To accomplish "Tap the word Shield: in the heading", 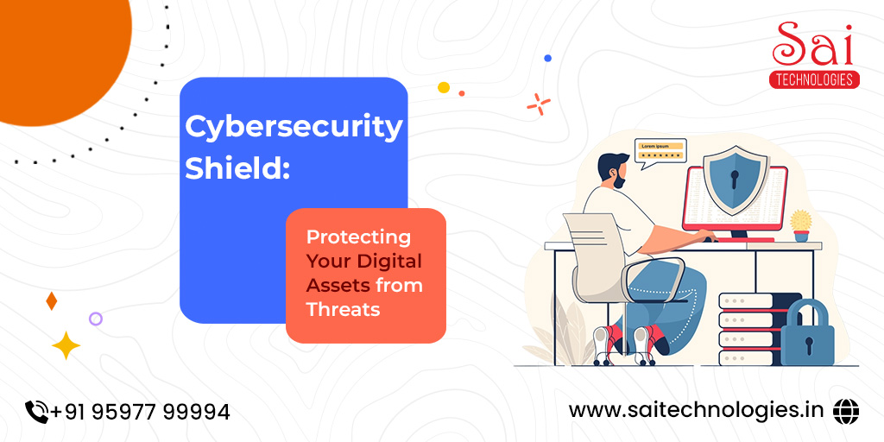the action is click(x=237, y=167).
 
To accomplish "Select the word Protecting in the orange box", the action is click(x=358, y=238).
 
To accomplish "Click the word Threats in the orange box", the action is click(x=343, y=309).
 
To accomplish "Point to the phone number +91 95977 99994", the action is click(x=141, y=412).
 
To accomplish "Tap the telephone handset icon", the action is click(x=37, y=412).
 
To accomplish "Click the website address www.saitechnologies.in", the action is click(x=697, y=410).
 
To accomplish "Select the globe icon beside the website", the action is click(x=846, y=410).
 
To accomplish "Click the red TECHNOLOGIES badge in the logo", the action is click(x=814, y=79).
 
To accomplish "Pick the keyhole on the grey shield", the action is click(x=736, y=180).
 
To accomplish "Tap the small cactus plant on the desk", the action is click(x=800, y=225).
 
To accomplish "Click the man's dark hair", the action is click(x=612, y=165).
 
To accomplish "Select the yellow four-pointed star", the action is click(x=66, y=345).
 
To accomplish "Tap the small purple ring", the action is click(x=96, y=319).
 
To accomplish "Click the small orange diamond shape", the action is click(x=51, y=301).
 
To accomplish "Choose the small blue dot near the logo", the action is click(x=547, y=58).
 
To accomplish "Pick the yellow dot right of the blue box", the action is click(x=444, y=87).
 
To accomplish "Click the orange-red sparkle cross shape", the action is click(x=539, y=104).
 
